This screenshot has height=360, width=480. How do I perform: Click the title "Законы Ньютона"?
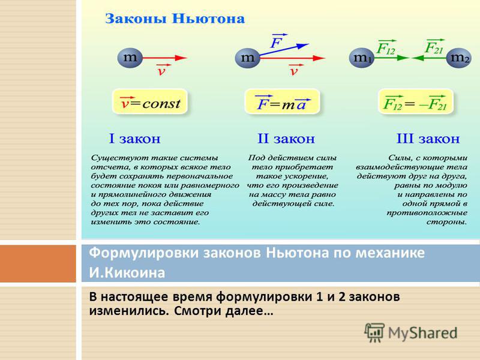pos(175,19)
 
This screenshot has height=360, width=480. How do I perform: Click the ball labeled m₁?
pos(362,58)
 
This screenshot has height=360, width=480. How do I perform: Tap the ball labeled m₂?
pos(458,58)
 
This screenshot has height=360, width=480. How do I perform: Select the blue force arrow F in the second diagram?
pos(284,50)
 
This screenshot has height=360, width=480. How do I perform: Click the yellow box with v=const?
pos(149,102)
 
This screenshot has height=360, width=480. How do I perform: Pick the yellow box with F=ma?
pos(282,102)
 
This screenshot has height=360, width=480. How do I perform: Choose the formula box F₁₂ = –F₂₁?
pos(415,102)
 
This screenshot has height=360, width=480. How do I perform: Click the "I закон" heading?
pos(134,139)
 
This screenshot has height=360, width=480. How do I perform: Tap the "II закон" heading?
pos(286,139)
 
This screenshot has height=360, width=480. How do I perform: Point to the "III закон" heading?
pos(428,139)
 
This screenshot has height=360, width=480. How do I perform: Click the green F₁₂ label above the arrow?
pos(386,47)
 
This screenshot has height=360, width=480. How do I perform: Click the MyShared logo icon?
pos(374,332)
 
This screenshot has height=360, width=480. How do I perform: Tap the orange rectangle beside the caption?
pos(38,263)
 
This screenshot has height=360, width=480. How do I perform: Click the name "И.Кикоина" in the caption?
pos(127,272)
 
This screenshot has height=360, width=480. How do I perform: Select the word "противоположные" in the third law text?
pos(427,213)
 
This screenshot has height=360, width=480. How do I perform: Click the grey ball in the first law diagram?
pos(130,58)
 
